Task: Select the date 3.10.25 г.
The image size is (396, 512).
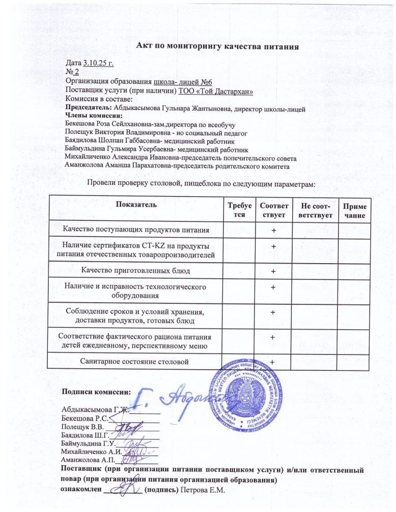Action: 98,63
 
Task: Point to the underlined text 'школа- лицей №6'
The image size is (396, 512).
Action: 183,82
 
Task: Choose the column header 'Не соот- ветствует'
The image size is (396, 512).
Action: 315,210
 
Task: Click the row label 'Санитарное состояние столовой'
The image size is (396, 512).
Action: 135,362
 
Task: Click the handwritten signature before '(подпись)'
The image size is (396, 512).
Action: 122,489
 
